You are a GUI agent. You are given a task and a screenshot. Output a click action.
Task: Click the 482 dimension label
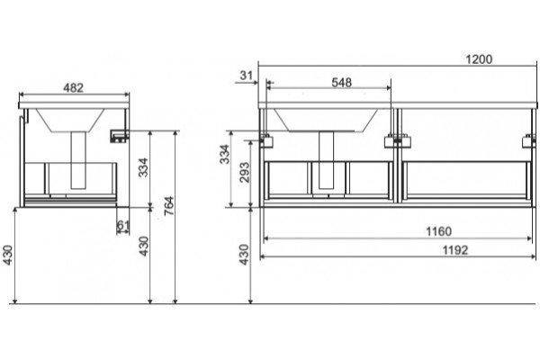click(x=74, y=88)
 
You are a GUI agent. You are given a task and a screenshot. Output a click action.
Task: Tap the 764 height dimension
click(x=169, y=206)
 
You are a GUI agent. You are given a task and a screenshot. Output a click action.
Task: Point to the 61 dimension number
click(x=123, y=225)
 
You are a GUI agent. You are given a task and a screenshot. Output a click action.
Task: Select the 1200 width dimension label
click(x=479, y=59)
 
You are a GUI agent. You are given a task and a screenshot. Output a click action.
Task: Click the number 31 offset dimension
click(x=247, y=75)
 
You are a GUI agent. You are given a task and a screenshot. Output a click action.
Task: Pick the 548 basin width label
click(x=342, y=82)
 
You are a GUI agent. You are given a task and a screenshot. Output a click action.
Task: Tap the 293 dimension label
click(x=244, y=172)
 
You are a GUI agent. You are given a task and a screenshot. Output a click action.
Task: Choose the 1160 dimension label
click(x=439, y=231)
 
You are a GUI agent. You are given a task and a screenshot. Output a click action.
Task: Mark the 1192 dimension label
click(x=454, y=250)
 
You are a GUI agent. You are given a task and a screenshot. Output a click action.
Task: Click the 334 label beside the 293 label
click(x=224, y=154)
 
